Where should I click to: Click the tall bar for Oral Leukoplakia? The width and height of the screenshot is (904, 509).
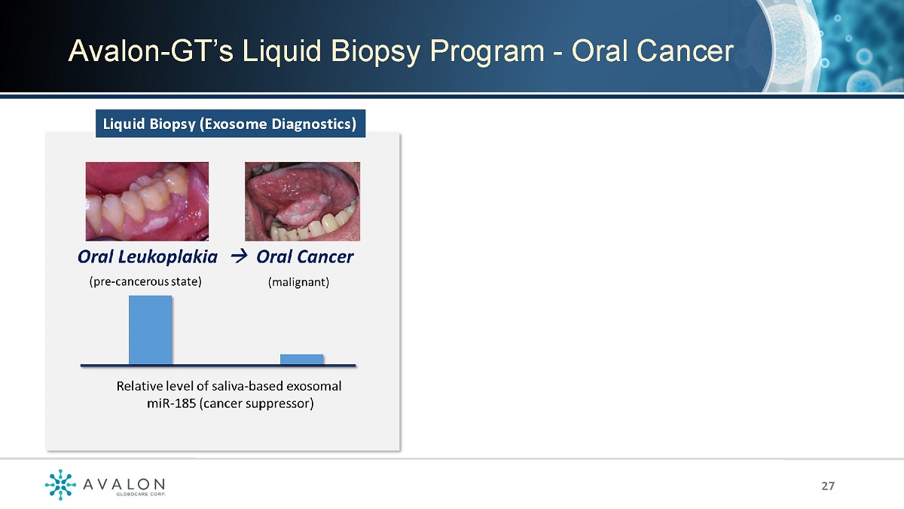point(150,330)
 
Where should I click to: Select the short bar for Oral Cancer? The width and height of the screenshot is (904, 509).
point(301,360)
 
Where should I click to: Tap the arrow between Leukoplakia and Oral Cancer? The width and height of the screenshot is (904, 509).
point(239,256)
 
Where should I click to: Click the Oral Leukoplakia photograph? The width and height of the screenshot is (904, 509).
point(147,201)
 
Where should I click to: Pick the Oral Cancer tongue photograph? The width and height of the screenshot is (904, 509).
point(302,201)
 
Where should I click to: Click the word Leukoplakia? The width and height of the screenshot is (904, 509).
point(167,257)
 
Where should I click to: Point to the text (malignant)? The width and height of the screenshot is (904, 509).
point(298,282)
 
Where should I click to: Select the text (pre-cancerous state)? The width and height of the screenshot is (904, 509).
point(145,281)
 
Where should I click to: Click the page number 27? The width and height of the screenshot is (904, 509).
point(828,486)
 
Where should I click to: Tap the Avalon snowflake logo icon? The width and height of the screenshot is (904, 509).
point(60,484)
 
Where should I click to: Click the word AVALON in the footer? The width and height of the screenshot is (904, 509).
point(124,484)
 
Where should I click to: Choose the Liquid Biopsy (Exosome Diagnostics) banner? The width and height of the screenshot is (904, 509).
point(231,124)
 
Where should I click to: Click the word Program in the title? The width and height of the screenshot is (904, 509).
point(487,52)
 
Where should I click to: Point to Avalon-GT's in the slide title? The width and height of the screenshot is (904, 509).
point(151,51)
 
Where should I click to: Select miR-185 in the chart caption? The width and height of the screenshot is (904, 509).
point(171,403)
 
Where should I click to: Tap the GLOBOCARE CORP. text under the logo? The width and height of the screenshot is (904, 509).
point(140,494)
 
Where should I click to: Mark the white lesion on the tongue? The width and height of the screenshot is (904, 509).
point(301,211)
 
